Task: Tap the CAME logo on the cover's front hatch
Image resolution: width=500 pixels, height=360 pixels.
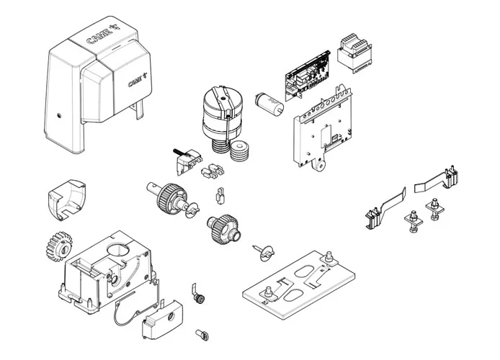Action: click(x=136, y=81)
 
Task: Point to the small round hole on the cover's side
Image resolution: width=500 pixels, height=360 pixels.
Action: click(x=55, y=114)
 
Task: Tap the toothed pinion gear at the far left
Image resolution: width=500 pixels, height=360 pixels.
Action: click(x=55, y=246)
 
